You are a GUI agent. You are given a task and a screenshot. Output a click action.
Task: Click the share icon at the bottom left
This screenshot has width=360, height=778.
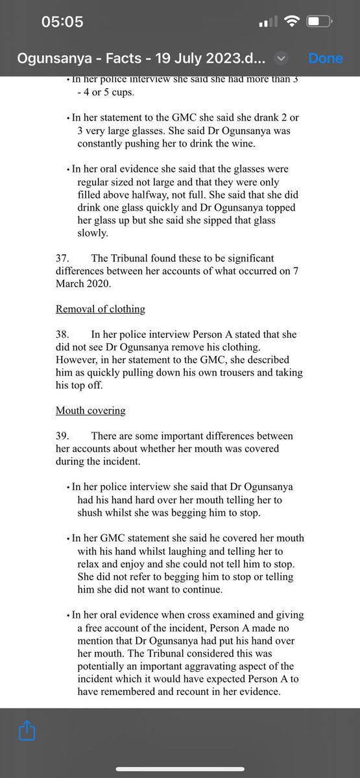coord(27,731)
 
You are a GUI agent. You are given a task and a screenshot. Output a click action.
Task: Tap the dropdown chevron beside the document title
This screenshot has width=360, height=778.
coord(281,58)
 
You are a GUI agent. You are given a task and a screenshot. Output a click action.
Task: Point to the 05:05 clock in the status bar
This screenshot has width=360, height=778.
coord(62,22)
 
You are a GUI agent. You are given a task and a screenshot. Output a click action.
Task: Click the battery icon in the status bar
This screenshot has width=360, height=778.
coord(319,22)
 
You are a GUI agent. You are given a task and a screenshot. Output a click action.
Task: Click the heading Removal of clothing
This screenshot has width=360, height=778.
coord(100,309)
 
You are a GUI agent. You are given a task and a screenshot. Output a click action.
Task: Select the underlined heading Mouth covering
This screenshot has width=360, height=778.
coord(90,410)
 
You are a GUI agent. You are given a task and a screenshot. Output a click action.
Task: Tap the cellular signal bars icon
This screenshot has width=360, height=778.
coord(267,23)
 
